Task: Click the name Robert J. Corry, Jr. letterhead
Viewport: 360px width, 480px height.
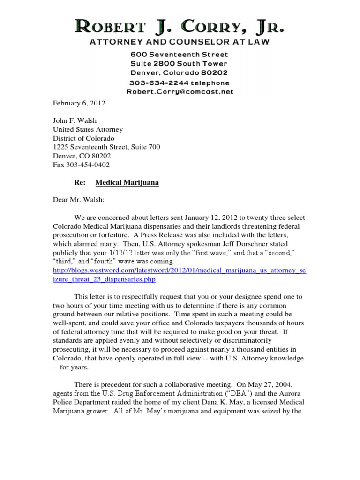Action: [180, 27]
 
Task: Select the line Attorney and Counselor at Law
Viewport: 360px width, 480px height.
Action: [180, 43]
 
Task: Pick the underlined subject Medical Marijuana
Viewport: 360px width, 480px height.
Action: [127, 182]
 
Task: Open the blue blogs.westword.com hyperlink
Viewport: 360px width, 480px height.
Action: [180, 275]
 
